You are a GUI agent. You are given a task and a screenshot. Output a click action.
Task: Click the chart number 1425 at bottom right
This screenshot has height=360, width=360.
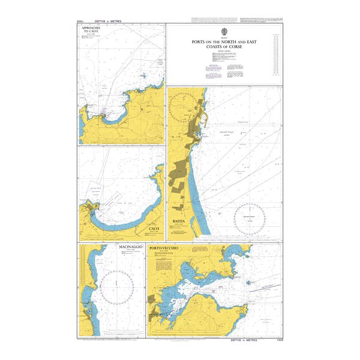point(276,340)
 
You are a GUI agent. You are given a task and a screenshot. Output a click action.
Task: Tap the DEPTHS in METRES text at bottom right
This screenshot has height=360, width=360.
point(247,340)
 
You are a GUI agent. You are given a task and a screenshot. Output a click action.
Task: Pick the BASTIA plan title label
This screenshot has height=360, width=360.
point(180,221)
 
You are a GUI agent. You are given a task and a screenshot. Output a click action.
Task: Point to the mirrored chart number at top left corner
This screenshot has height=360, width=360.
point(80,20)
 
